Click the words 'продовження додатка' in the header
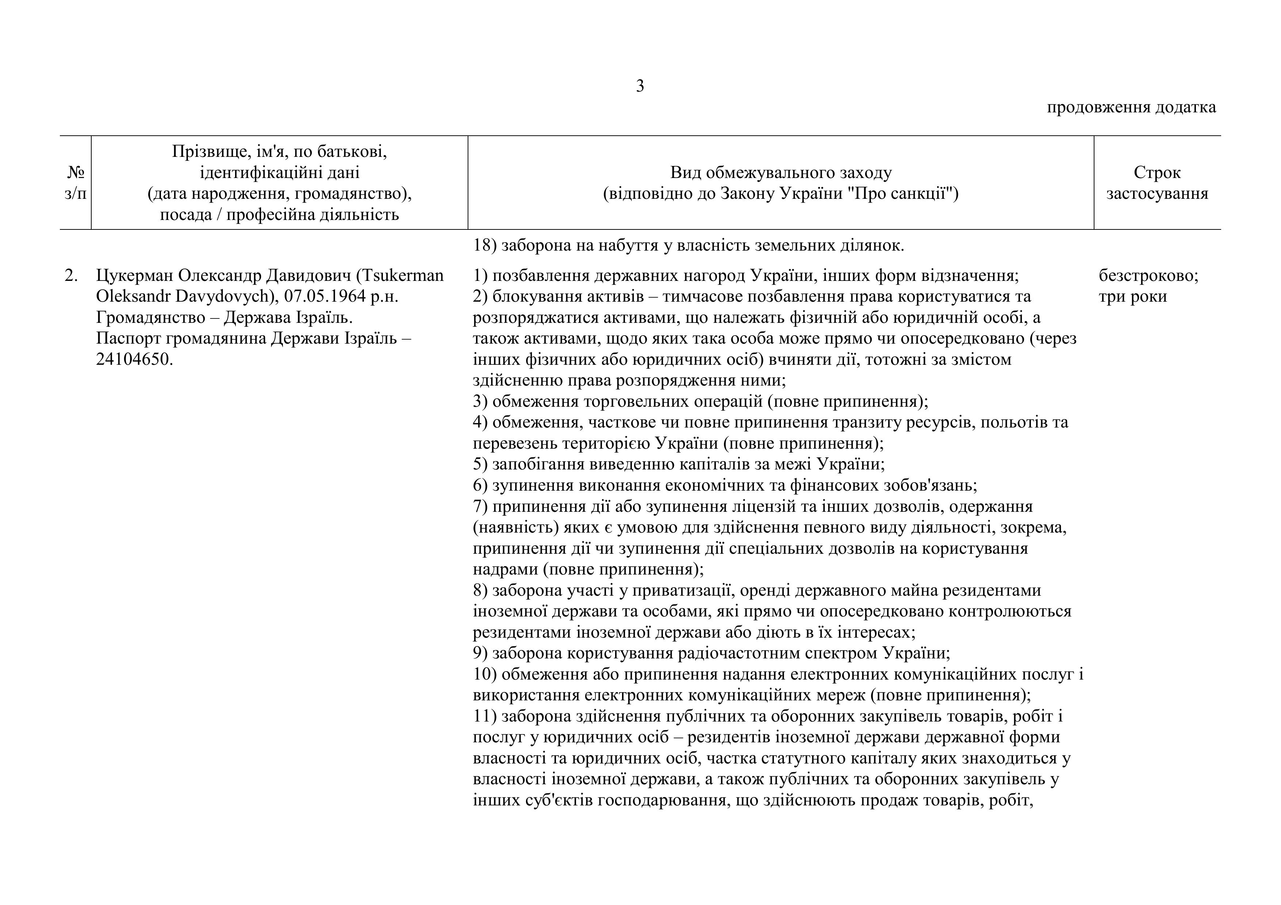pyautogui.click(x=1131, y=107)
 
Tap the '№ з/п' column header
pyautogui.click(x=75, y=183)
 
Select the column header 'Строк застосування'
pyautogui.click(x=1157, y=183)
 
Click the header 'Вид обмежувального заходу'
pyautogui.click(x=781, y=172)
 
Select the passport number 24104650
pyautogui.click(x=134, y=359)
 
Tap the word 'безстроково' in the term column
pyautogui.click(x=1148, y=275)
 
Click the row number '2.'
pyautogui.click(x=72, y=275)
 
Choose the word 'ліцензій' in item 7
pyautogui.click(x=761, y=506)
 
